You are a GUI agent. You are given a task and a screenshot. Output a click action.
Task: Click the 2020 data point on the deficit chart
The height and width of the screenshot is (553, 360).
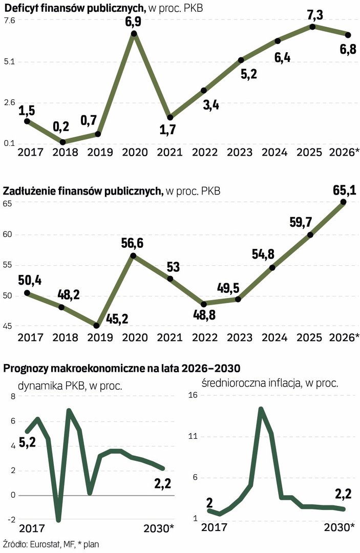(x=134, y=34)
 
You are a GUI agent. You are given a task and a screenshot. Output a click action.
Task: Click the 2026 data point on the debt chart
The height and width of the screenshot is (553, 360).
(x=344, y=202)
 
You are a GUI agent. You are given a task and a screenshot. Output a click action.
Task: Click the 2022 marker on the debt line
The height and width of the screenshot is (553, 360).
(x=204, y=304)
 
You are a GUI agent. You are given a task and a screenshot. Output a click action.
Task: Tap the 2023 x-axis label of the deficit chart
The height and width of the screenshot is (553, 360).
(x=240, y=152)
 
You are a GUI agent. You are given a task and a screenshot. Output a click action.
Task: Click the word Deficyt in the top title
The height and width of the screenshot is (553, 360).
(x=22, y=7)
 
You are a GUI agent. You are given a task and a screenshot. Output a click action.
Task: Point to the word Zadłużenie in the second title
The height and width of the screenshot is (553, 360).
(x=29, y=192)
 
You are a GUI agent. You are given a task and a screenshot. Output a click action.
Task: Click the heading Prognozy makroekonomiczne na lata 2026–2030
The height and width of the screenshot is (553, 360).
(x=122, y=368)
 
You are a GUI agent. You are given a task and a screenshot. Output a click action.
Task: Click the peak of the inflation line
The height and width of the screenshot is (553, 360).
(x=261, y=409)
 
